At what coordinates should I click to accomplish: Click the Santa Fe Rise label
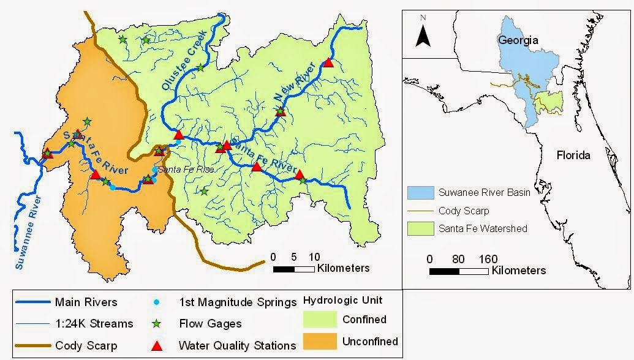click(x=186, y=169)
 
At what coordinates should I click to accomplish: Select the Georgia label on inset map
click(x=518, y=40)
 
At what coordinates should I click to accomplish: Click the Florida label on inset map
click(x=573, y=155)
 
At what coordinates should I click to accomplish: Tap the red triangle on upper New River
click(x=328, y=62)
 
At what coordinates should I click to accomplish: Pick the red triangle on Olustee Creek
click(x=178, y=135)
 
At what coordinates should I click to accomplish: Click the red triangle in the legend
click(x=157, y=346)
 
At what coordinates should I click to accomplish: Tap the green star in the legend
click(x=157, y=324)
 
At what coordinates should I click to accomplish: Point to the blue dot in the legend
click(x=157, y=302)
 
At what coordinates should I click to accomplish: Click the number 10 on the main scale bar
click(x=314, y=257)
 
